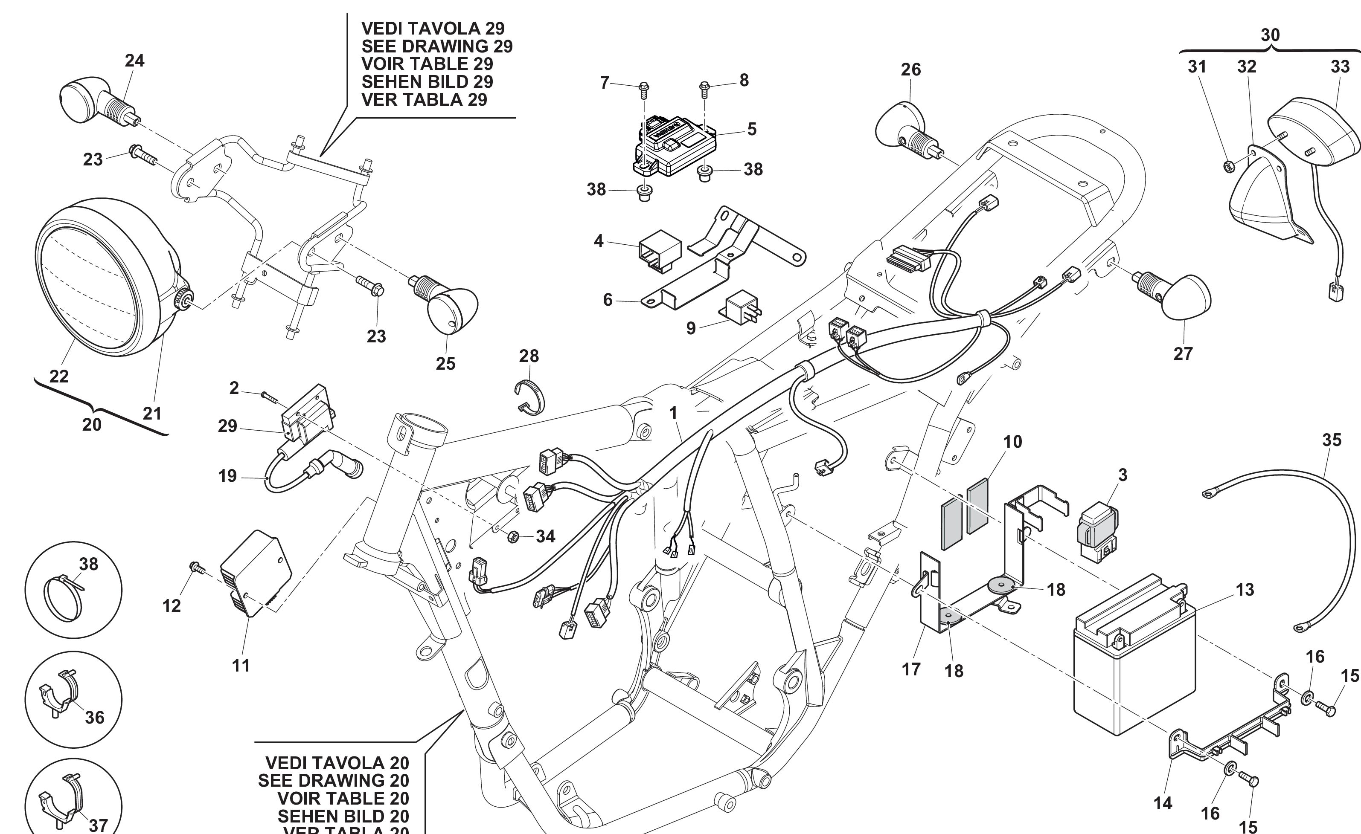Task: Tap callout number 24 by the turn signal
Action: [134, 60]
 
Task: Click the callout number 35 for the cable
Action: [1332, 440]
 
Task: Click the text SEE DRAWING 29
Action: [436, 46]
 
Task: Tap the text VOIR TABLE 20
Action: [343, 798]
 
